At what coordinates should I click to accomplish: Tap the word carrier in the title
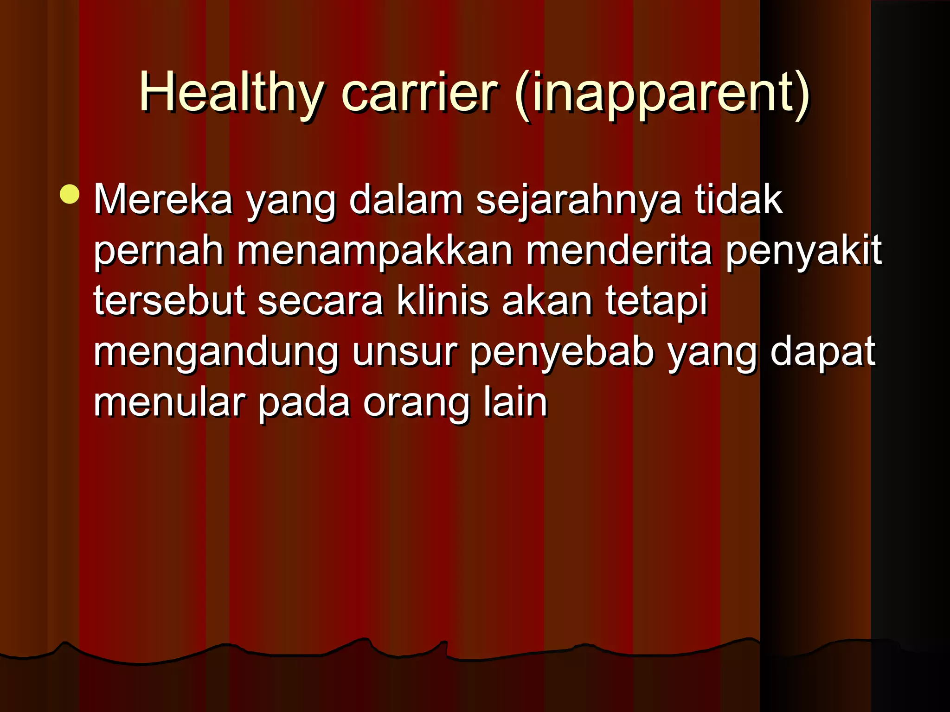pyautogui.click(x=419, y=93)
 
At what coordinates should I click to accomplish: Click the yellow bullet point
pyautogui.click(x=70, y=194)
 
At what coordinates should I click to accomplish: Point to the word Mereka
pyautogui.click(x=163, y=199)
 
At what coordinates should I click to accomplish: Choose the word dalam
pyautogui.click(x=406, y=199)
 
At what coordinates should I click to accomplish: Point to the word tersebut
pyautogui.click(x=169, y=301)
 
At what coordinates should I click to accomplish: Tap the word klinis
pyautogui.click(x=443, y=301)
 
